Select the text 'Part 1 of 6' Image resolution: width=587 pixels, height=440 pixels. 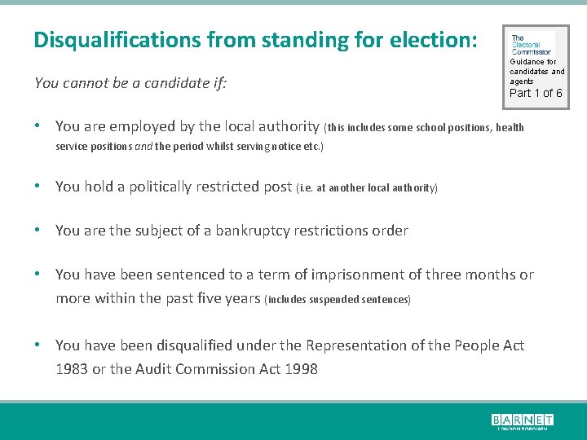coord(536,93)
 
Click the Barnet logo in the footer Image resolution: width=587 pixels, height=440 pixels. coord(522,420)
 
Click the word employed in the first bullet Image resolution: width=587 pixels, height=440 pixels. coord(140,126)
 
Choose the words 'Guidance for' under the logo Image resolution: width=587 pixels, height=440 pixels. coord(533,62)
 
